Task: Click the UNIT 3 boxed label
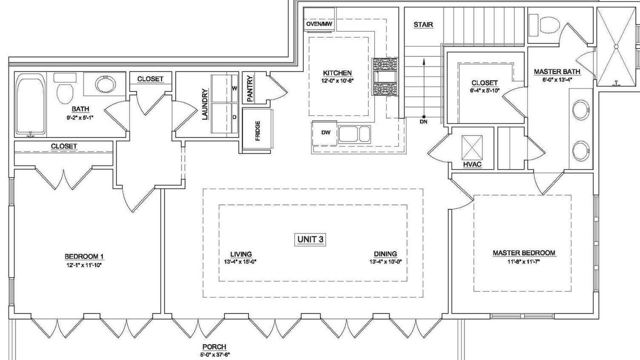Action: click(x=310, y=239)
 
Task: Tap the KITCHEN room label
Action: click(x=337, y=73)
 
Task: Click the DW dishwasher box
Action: click(x=325, y=133)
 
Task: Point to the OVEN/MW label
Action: click(x=319, y=24)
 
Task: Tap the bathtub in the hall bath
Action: click(x=30, y=103)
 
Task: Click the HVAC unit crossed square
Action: click(x=472, y=147)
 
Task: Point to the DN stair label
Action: click(x=423, y=121)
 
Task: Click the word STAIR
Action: click(x=423, y=25)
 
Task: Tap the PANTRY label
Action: click(x=250, y=88)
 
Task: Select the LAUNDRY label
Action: click(x=205, y=104)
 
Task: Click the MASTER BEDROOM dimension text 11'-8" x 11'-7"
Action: click(x=524, y=261)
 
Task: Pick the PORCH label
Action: click(x=214, y=347)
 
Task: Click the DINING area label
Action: click(x=385, y=253)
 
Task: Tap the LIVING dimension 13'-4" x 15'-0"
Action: click(x=240, y=261)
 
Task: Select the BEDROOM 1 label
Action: click(x=84, y=256)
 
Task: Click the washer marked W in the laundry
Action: click(x=224, y=88)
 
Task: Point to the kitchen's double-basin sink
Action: click(x=354, y=134)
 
